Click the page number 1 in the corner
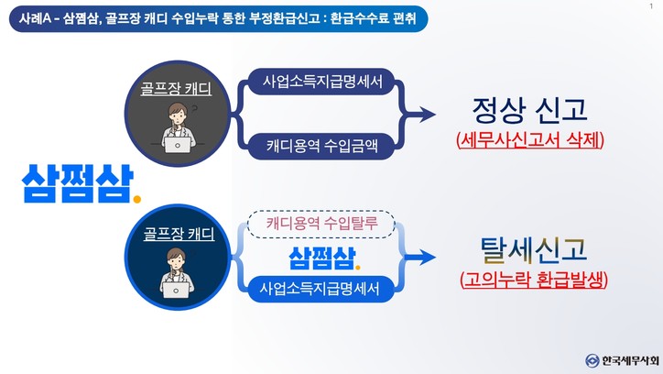click(x=649, y=7)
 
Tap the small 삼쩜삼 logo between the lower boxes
click(x=320, y=257)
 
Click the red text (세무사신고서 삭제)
click(x=530, y=142)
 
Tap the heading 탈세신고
click(x=532, y=248)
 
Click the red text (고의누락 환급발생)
click(x=533, y=279)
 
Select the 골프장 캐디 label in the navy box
click(x=179, y=235)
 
